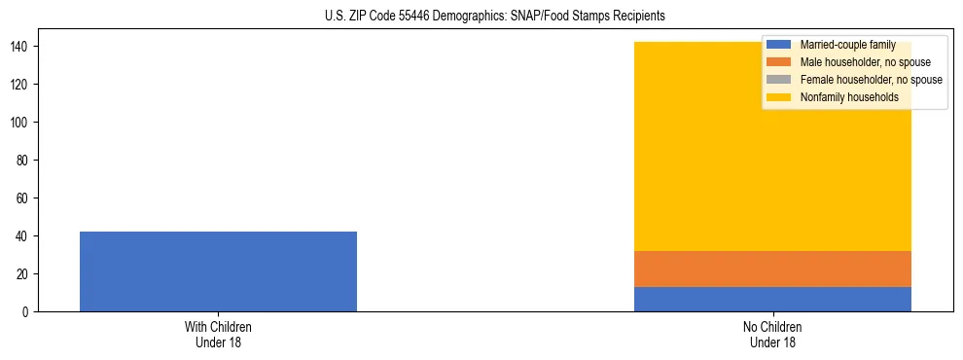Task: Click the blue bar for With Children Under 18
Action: point(218,271)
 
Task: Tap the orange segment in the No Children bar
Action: point(772,269)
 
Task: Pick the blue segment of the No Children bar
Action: point(772,299)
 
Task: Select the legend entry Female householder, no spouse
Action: point(871,80)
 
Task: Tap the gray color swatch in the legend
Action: point(779,80)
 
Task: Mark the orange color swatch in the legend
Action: point(779,62)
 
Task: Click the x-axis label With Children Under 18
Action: point(218,334)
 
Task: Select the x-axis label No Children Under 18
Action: point(772,334)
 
